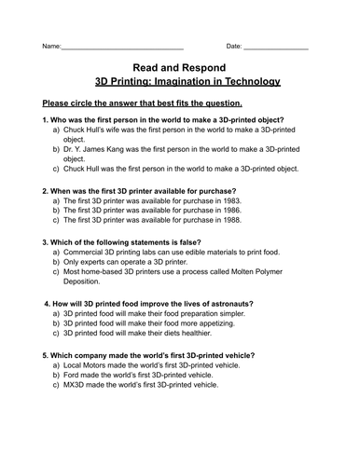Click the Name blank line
click(121, 48)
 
